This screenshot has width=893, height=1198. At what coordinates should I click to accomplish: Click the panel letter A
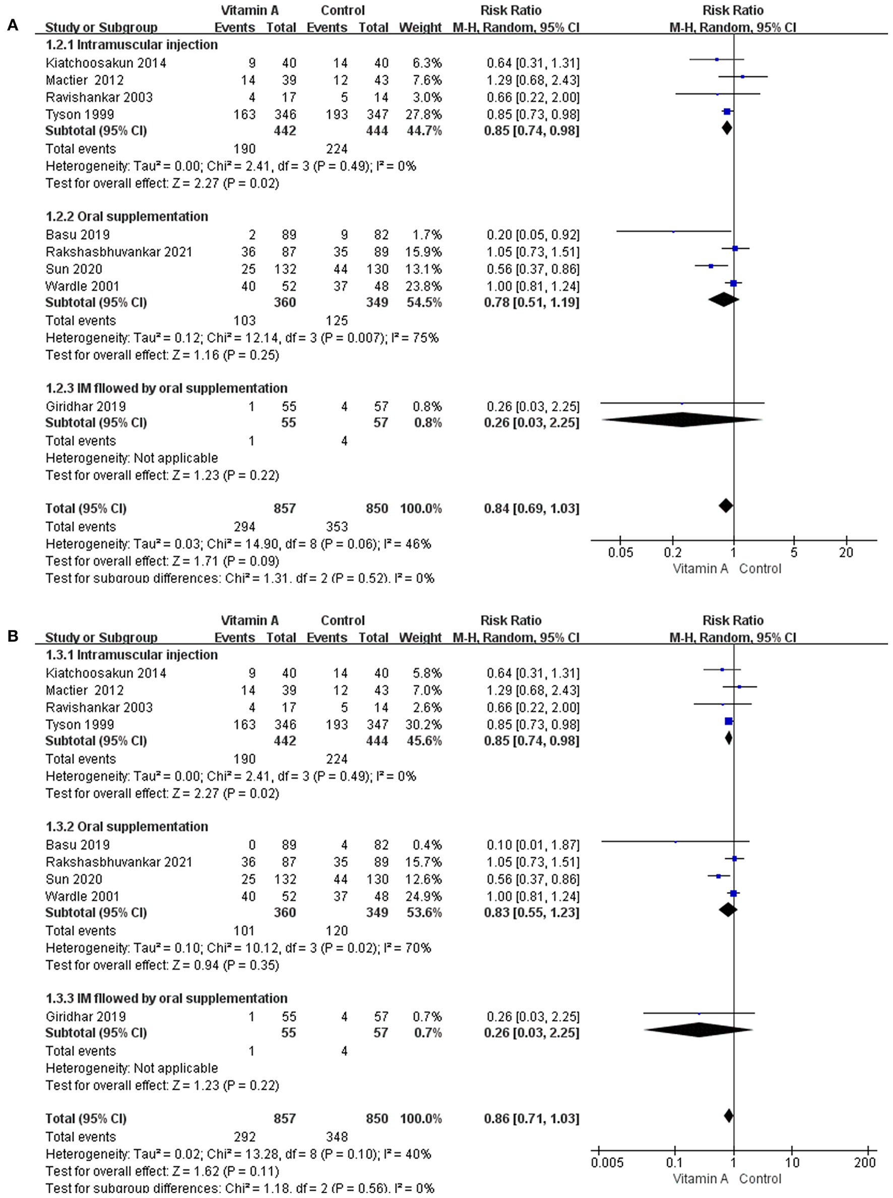click(13, 25)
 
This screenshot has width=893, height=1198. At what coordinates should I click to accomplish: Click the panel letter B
click(13, 636)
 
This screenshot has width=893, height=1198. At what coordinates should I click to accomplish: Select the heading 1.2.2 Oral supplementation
click(126, 217)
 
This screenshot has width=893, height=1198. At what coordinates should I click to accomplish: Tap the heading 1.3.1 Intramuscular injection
click(132, 655)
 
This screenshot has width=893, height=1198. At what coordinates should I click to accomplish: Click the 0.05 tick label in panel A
click(620, 553)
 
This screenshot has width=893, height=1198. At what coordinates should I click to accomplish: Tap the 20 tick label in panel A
click(846, 553)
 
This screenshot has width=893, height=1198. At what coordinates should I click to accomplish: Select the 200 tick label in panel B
click(865, 1163)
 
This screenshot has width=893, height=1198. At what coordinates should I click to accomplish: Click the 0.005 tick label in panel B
click(607, 1163)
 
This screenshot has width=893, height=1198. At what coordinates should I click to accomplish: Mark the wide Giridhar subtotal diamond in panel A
click(682, 420)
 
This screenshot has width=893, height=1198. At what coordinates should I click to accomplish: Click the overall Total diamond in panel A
click(726, 506)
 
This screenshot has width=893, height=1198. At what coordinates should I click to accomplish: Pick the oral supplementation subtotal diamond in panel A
click(723, 299)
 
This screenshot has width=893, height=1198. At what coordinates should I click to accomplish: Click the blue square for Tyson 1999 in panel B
click(729, 721)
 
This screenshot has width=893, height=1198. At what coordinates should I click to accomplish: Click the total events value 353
click(337, 527)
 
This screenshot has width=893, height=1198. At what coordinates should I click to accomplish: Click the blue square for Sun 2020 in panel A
click(711, 266)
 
